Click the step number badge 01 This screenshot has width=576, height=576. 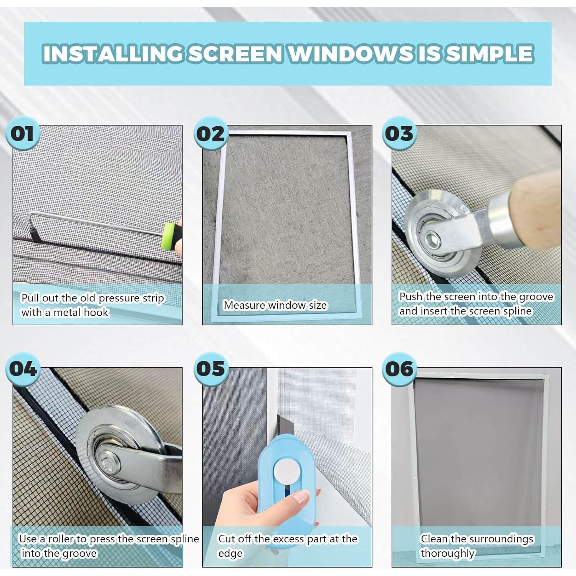pyautogui.click(x=22, y=134)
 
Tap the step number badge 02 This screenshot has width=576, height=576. pyautogui.click(x=210, y=134)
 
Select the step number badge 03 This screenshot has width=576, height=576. pyautogui.click(x=399, y=134)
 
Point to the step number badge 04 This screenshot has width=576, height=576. pyautogui.click(x=22, y=369)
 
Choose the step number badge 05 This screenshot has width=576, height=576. pyautogui.click(x=210, y=369)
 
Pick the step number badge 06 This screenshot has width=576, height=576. pyautogui.click(x=399, y=369)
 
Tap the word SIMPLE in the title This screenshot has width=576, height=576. pyautogui.click(x=490, y=53)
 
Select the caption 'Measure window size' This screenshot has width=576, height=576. pyautogui.click(x=275, y=305)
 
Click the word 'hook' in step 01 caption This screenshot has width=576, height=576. pyautogui.click(x=96, y=312)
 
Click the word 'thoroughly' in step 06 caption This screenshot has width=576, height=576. pyautogui.click(x=448, y=553)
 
